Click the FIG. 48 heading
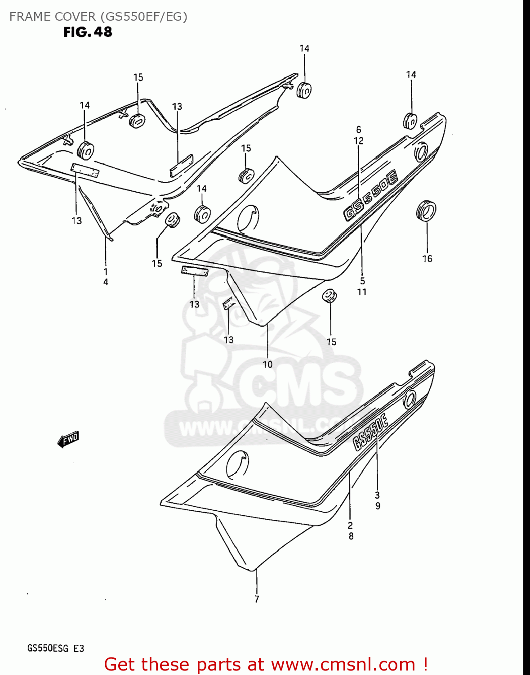(88, 32)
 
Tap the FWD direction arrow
(68, 440)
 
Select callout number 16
(427, 258)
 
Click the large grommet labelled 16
(426, 211)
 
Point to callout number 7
(257, 599)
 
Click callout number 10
(267, 364)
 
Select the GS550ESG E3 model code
(56, 648)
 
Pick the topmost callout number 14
(304, 49)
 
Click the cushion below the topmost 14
(304, 90)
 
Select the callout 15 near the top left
(138, 77)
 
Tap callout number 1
(106, 271)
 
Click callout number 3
(377, 495)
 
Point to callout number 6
(359, 130)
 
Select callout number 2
(350, 525)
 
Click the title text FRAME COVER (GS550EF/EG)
(98, 17)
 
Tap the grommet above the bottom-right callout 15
(330, 296)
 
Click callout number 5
(362, 281)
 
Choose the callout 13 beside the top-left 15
(177, 107)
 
